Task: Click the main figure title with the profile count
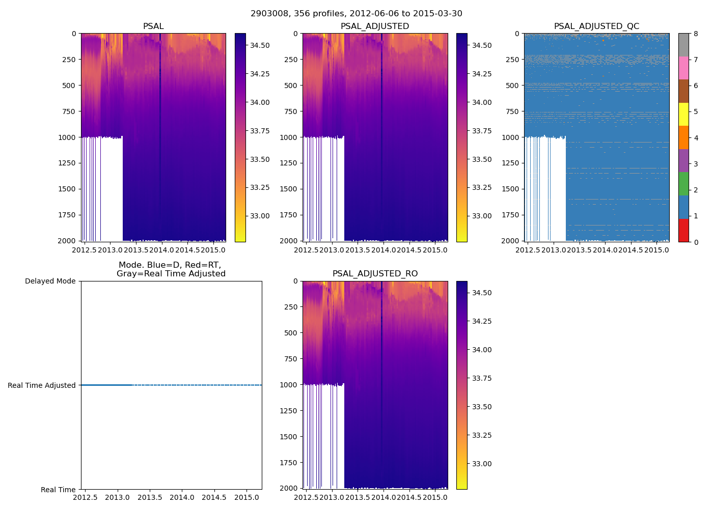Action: coord(356,14)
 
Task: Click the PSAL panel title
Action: coord(153,26)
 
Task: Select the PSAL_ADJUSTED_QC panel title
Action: coord(596,26)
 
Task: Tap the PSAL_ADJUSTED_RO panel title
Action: coord(375,274)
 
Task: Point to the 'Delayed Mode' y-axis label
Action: coord(50,281)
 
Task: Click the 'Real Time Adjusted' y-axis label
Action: coord(42,386)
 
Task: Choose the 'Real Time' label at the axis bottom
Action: coord(58,490)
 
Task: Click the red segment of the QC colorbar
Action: coord(683,230)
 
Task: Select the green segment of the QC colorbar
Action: coord(683,184)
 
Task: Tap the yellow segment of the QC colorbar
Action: coord(683,114)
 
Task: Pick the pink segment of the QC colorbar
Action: coord(683,68)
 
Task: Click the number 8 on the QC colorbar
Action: coord(696,34)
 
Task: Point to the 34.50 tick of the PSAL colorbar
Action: coord(260,46)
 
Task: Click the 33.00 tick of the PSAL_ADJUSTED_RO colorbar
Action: coord(481,464)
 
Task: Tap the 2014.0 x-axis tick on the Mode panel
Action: coord(182,497)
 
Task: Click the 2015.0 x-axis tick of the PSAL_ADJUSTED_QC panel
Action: coord(656,250)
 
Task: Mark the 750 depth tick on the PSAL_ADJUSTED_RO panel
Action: coord(290,359)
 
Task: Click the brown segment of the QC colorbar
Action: coord(683,91)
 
